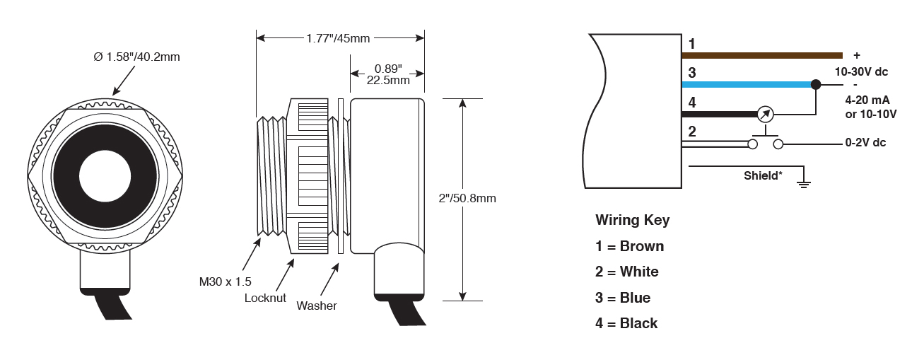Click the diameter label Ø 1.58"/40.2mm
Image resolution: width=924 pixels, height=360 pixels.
[x=136, y=57]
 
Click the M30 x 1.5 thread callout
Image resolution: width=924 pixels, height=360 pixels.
[x=224, y=282]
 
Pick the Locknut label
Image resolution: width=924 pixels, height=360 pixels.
[x=265, y=298]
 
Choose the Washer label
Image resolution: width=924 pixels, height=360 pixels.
[x=317, y=306]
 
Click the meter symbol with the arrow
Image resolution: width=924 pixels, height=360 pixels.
[x=765, y=113]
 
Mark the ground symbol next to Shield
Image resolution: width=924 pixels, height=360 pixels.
[x=803, y=184]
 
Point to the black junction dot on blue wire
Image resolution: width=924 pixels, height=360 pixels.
[x=816, y=84]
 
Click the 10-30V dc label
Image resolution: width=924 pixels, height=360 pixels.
[x=861, y=71]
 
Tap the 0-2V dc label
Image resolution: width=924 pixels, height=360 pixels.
[x=865, y=143]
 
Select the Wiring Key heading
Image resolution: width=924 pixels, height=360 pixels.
[x=632, y=220]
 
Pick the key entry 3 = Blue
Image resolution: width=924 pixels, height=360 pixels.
[x=623, y=298]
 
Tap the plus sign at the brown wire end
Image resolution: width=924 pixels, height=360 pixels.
[x=857, y=55]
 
